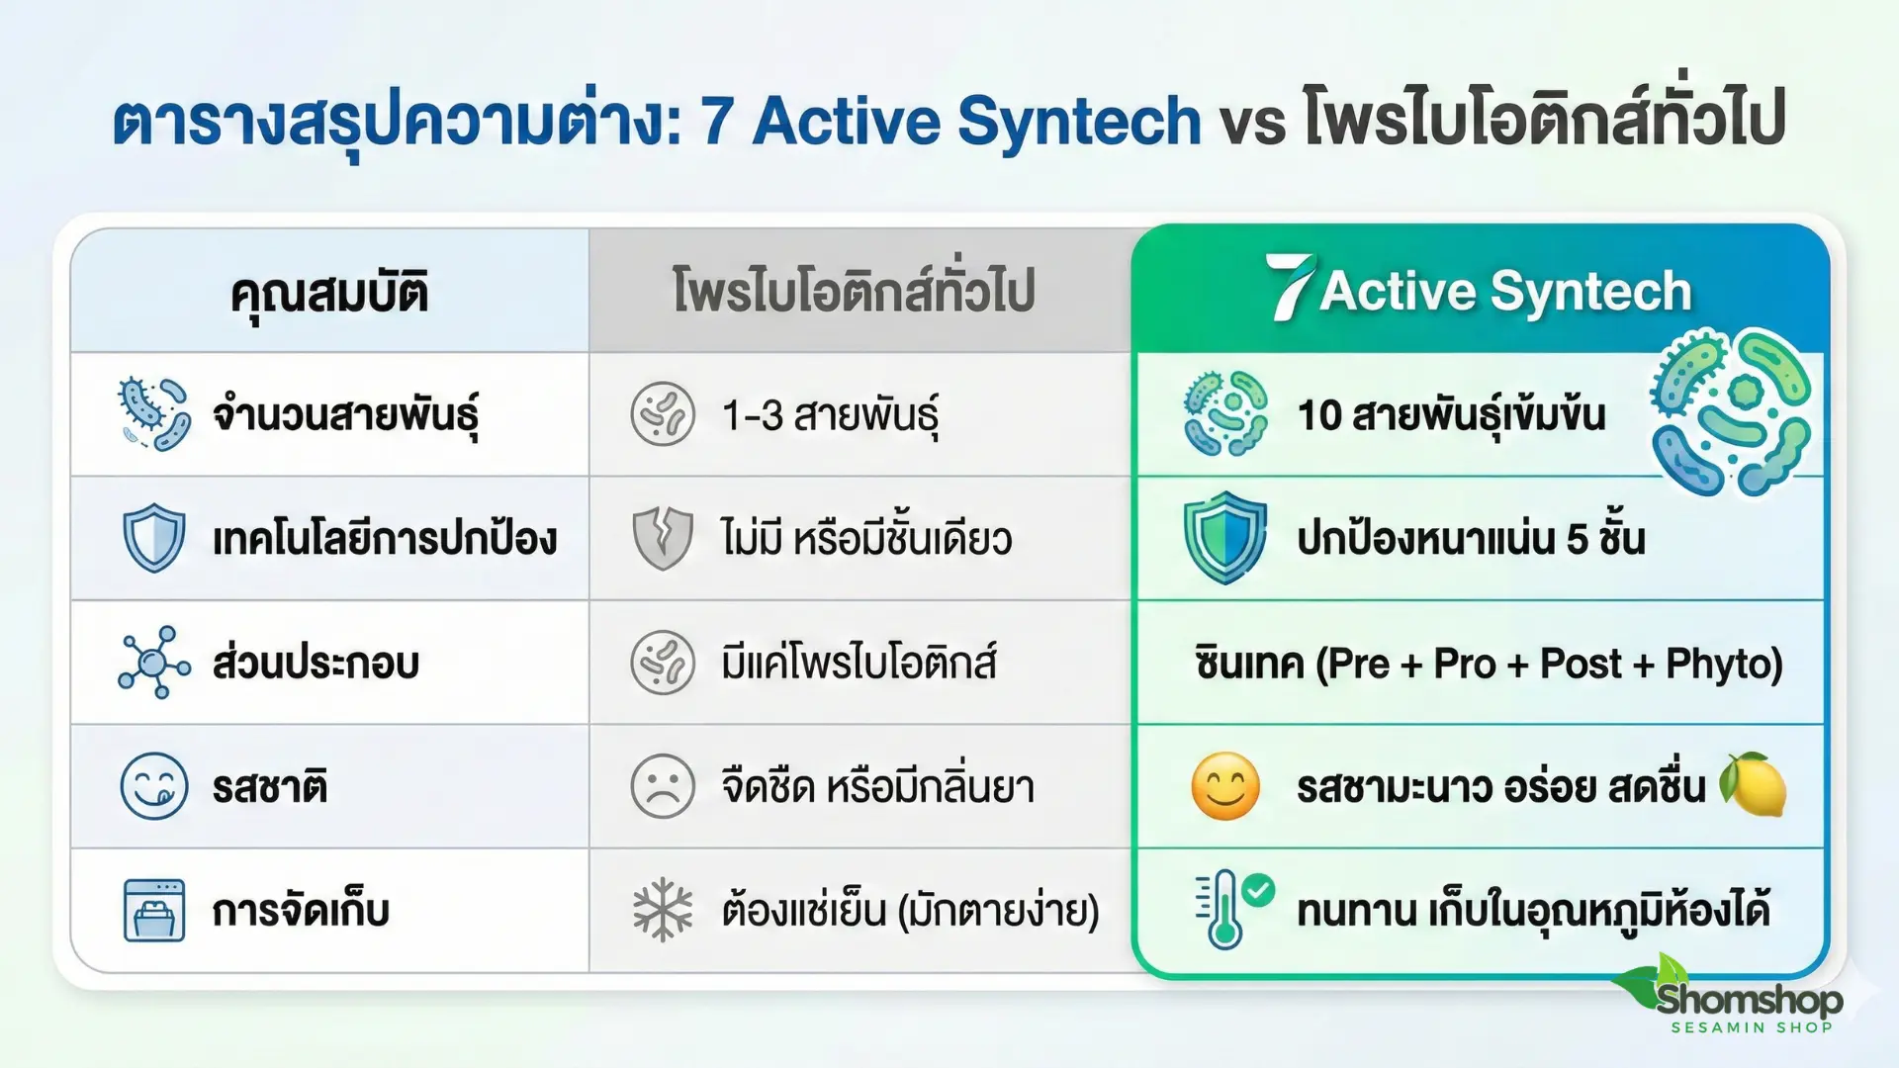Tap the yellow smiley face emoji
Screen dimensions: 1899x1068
pyautogui.click(x=1225, y=787)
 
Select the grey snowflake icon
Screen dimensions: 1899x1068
pyautogui.click(x=663, y=910)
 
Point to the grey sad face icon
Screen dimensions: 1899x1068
pyautogui.click(x=663, y=787)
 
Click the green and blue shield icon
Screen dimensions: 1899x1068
pyautogui.click(x=1225, y=537)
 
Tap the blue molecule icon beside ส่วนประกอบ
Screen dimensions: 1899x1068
pyautogui.click(x=153, y=663)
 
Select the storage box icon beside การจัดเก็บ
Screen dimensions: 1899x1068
pyautogui.click(x=154, y=910)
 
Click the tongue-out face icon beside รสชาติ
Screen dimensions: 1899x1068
pyautogui.click(x=154, y=787)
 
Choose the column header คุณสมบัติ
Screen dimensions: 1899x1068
pyautogui.click(x=329, y=293)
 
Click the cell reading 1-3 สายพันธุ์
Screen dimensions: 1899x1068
pyautogui.click(x=830, y=415)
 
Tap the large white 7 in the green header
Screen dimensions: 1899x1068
pyautogui.click(x=1290, y=287)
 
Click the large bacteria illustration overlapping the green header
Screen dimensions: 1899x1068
pyautogui.click(x=1731, y=411)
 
